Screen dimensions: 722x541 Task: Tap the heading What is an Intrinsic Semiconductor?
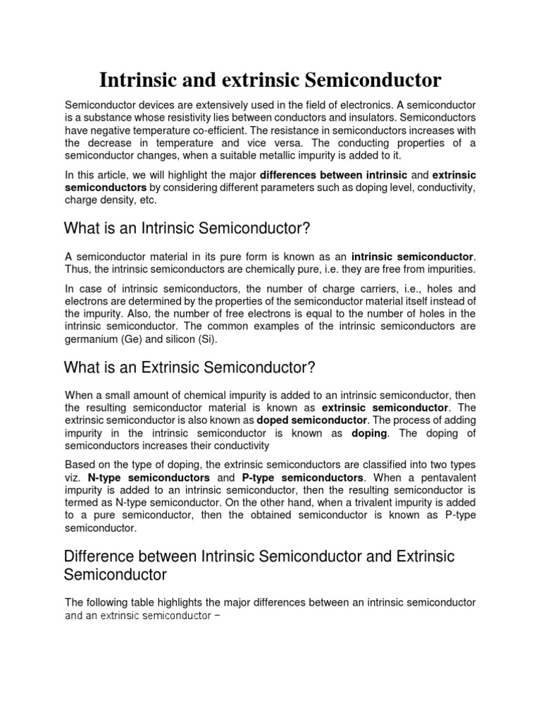[187, 229]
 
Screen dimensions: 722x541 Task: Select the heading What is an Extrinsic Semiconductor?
[189, 367]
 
